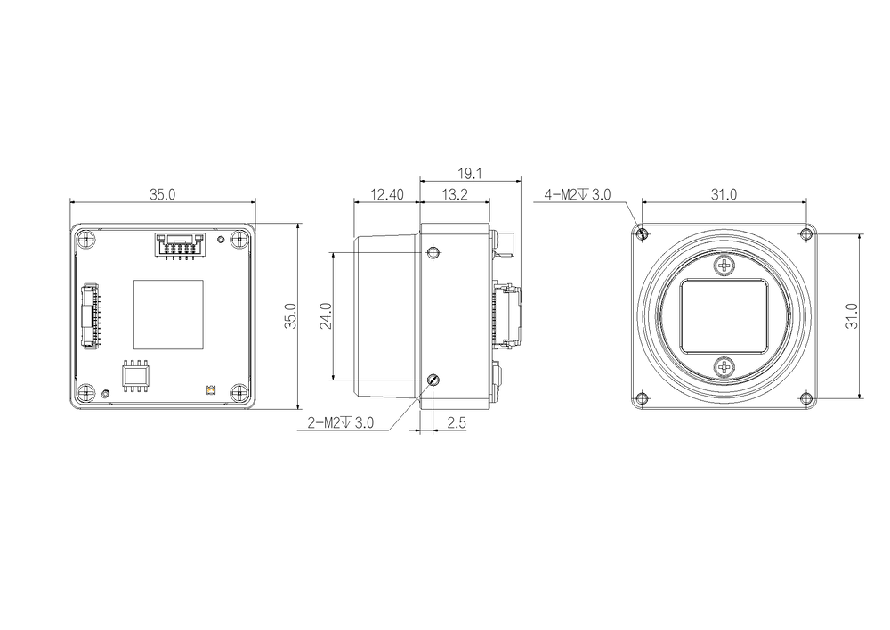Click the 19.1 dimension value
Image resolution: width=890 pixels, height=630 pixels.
pyautogui.click(x=469, y=173)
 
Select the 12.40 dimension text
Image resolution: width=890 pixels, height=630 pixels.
pyautogui.click(x=386, y=195)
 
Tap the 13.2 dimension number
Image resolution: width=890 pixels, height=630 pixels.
pyautogui.click(x=455, y=195)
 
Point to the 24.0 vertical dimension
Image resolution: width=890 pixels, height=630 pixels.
pyautogui.click(x=325, y=315)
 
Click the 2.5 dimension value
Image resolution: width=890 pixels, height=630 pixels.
pyautogui.click(x=457, y=422)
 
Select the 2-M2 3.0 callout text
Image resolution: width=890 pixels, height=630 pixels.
pyautogui.click(x=341, y=422)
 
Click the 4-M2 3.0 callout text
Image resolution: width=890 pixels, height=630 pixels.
pyautogui.click(x=578, y=195)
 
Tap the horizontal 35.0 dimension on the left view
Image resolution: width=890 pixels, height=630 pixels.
pyautogui.click(x=162, y=195)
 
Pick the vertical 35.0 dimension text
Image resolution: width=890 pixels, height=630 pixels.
pyautogui.click(x=290, y=315)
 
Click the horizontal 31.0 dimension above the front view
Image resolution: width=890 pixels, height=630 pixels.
pyautogui.click(x=724, y=195)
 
